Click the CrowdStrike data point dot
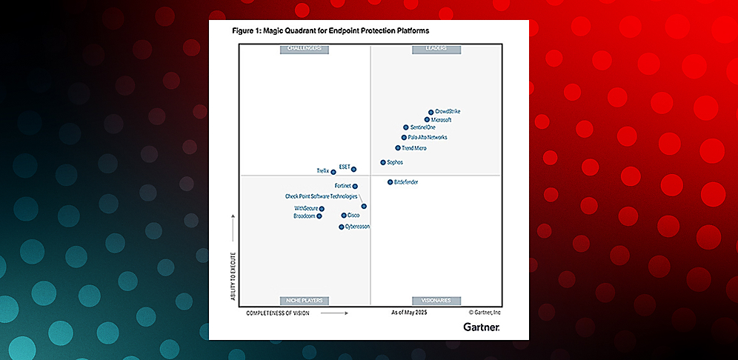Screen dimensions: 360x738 [x=431, y=112]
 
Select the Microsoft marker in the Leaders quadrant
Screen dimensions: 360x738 [x=427, y=119]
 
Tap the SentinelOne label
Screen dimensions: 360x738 [x=423, y=128]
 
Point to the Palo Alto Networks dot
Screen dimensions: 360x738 [x=404, y=137]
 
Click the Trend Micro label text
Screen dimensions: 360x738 [x=413, y=148]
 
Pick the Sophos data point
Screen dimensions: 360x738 [x=383, y=162]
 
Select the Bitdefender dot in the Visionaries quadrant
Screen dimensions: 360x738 [x=390, y=181]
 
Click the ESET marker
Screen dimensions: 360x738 [x=353, y=169]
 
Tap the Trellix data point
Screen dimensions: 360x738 [x=333, y=172]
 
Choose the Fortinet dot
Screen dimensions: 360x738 [x=355, y=186]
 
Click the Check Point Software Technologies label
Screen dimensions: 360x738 [x=322, y=196]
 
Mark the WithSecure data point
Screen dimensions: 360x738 [x=322, y=209]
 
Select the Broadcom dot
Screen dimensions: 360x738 [x=319, y=216]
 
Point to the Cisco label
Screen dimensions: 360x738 [x=353, y=215]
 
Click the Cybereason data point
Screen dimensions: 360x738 [x=342, y=227]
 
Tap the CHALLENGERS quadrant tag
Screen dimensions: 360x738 [x=303, y=50]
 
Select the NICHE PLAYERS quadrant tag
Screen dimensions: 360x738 [x=303, y=300]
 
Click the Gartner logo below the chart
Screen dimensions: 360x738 [x=481, y=326]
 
